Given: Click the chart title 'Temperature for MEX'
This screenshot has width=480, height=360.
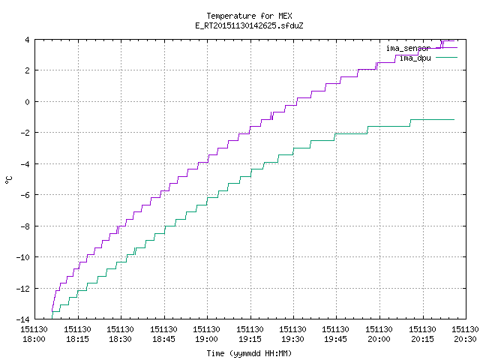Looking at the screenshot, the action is [x=249, y=16].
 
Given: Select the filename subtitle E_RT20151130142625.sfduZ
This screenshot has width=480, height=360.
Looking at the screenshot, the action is [x=249, y=25].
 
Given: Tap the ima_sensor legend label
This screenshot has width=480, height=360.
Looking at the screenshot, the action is [x=408, y=48].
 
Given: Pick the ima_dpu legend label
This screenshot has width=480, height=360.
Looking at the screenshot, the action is [x=415, y=58].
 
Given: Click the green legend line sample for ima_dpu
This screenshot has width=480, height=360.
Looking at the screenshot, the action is [x=446, y=57].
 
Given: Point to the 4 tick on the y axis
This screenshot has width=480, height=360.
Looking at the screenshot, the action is [x=27, y=40].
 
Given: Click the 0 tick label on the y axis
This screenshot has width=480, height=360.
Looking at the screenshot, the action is [x=27, y=102].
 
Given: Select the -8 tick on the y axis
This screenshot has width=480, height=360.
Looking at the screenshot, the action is [x=25, y=226].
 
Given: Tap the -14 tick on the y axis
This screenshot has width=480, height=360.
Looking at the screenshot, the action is [x=23, y=319].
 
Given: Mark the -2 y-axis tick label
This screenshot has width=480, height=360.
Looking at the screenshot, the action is [x=25, y=133].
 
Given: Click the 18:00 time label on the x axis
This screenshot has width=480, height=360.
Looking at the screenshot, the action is [x=34, y=334].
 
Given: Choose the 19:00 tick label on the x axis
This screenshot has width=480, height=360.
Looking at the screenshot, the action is [x=207, y=334].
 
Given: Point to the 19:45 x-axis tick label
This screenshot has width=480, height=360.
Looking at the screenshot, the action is [x=335, y=334].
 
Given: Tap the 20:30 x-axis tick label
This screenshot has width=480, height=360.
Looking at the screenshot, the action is [x=465, y=334].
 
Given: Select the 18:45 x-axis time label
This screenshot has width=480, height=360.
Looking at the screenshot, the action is [x=163, y=334].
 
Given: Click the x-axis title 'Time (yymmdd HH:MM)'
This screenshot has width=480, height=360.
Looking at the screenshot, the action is [x=249, y=353].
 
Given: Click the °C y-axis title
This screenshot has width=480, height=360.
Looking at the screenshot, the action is [x=8, y=179].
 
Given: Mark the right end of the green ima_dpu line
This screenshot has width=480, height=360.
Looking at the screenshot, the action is [x=454, y=120].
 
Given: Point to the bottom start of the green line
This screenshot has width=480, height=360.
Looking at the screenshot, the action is [x=52, y=319].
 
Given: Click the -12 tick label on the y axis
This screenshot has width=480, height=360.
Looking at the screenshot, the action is [x=23, y=288].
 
